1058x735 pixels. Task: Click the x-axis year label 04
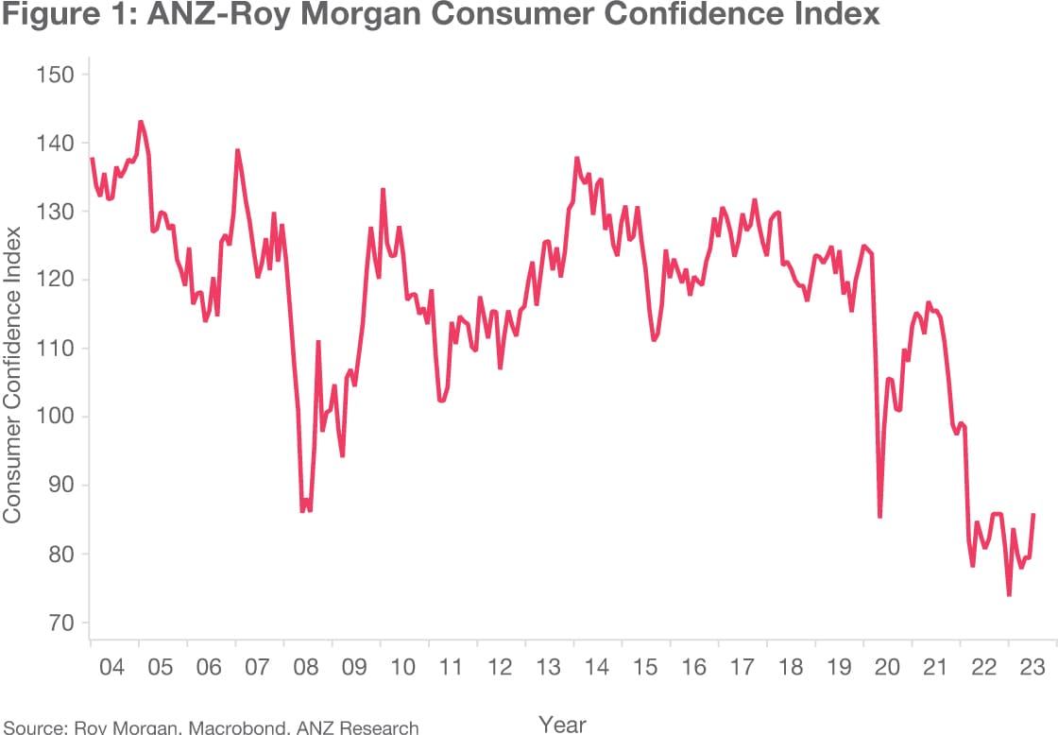(112, 667)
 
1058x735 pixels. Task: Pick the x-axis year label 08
(306, 667)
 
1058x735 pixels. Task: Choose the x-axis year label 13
(548, 667)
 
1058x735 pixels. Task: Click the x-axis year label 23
(1032, 667)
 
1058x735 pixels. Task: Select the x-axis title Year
(562, 724)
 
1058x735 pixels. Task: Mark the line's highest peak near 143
(141, 121)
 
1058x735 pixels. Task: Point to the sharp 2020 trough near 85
(879, 517)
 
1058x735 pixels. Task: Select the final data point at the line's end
(1033, 515)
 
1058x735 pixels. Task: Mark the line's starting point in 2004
(92, 159)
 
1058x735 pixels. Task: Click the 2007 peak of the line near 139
(237, 149)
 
